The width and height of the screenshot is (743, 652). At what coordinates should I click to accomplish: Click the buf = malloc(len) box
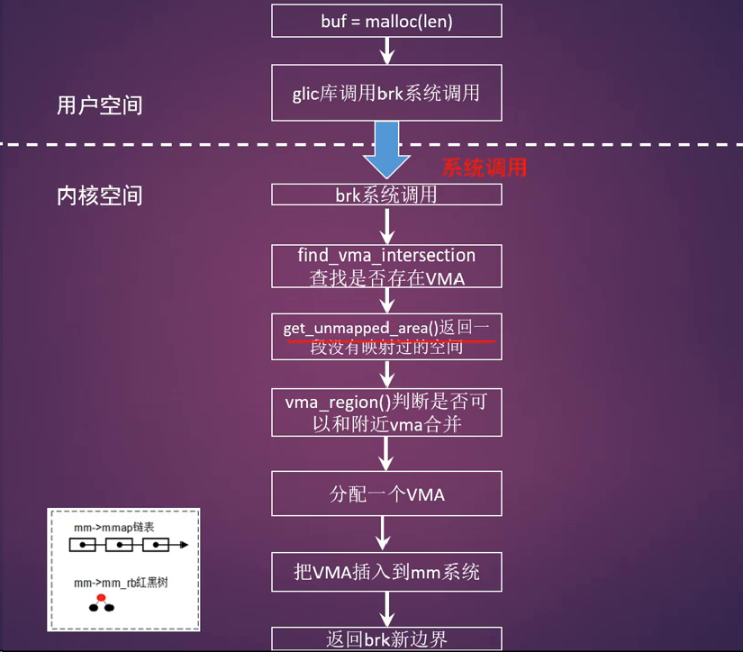[386, 21]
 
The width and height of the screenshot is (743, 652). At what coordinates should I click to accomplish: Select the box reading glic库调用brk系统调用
[386, 93]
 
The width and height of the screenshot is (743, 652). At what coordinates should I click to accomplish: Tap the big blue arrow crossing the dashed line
[386, 149]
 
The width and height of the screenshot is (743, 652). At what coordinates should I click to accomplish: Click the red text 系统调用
[484, 168]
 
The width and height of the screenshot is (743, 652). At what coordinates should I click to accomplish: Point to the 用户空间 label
[99, 105]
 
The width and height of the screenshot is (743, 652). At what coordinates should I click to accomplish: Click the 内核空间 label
[99, 195]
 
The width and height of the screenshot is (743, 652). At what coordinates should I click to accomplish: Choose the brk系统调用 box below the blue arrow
[386, 195]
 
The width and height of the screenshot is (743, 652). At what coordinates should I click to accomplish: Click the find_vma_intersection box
[386, 267]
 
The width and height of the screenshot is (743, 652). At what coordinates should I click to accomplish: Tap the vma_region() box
[386, 412]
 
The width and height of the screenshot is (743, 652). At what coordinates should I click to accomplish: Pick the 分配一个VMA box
[386, 494]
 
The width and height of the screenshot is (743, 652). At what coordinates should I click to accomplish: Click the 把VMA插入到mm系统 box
[386, 571]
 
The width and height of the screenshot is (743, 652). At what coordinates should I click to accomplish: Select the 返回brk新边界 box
[386, 638]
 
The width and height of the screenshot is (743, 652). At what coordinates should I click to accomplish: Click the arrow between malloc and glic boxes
[386, 51]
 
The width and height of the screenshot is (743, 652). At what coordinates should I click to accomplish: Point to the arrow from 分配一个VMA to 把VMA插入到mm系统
[386, 533]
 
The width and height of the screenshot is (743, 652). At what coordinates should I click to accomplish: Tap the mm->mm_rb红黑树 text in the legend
[121, 583]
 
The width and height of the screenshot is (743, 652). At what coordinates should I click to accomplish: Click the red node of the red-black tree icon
[102, 596]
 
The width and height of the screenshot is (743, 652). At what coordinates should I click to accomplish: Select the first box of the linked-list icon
[83, 545]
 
